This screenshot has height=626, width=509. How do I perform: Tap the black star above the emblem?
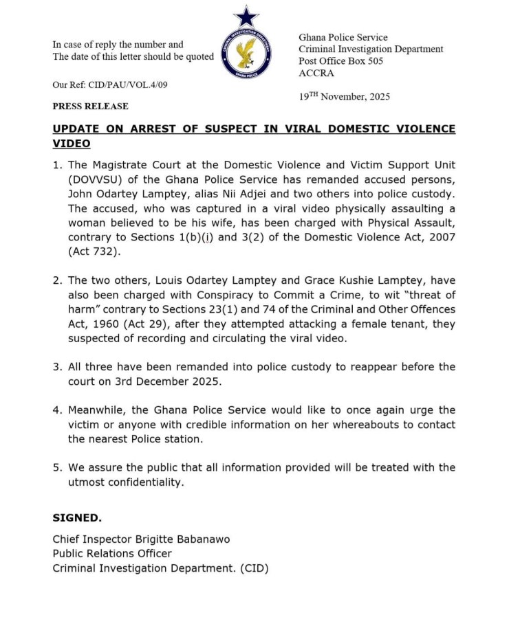[x=246, y=16]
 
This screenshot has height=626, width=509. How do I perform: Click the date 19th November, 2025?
[x=344, y=97]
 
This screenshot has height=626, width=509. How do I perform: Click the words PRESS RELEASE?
[x=90, y=107]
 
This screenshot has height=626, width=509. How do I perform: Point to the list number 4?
[x=58, y=410]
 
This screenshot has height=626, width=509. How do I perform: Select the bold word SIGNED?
[x=77, y=517]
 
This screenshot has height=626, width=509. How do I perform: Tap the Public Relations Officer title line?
[x=112, y=553]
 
